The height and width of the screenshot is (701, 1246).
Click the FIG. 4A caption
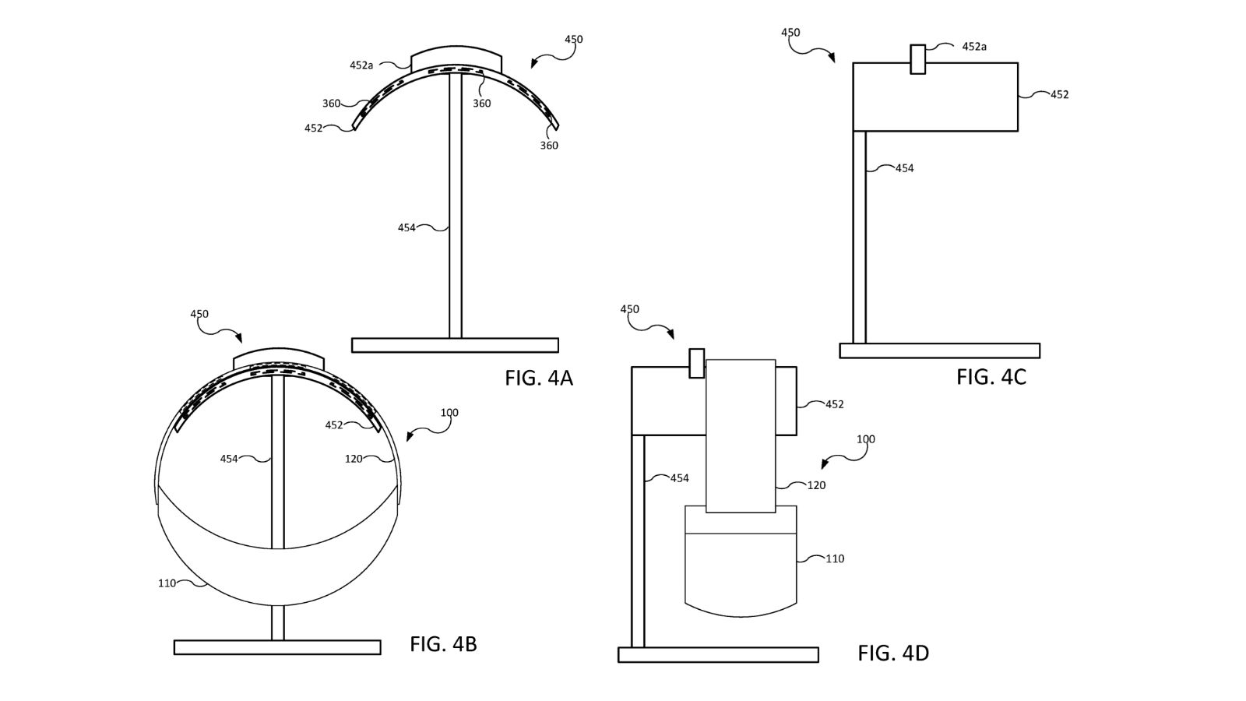[538, 379]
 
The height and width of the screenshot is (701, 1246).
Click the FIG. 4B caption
[443, 644]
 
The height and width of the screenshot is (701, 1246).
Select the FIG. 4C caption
[991, 377]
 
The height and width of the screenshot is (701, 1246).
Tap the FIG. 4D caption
[893, 653]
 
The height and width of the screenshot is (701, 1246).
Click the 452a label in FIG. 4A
[361, 65]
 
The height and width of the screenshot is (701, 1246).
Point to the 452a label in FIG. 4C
[974, 47]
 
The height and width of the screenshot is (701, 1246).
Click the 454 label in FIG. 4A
[407, 228]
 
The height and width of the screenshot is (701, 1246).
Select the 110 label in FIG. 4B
[167, 583]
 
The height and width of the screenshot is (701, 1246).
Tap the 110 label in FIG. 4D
[835, 558]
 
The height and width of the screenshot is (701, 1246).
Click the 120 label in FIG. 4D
[816, 485]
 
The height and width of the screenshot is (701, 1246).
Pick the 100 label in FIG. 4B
[449, 413]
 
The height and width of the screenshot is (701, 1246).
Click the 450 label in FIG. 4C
[790, 33]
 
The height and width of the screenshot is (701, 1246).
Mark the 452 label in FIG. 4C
[1059, 94]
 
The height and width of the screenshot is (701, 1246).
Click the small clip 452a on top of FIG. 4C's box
[918, 59]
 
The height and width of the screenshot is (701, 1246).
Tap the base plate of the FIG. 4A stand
[455, 345]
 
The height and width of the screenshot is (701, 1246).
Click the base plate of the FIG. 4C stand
[939, 350]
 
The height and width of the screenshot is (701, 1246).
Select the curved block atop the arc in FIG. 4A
[456, 56]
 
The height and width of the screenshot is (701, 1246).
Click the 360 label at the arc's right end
[549, 146]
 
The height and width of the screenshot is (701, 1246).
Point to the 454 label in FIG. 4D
[679, 478]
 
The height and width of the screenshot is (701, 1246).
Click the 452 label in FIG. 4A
[313, 129]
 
